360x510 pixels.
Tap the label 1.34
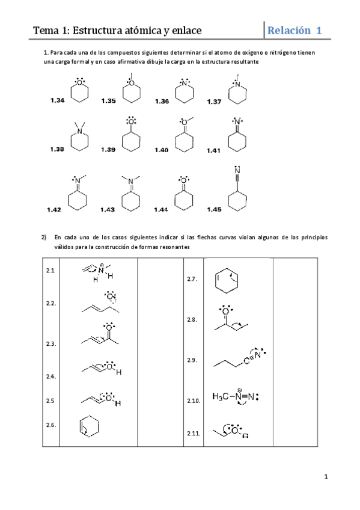(x=58, y=101)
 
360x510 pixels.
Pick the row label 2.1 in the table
(x=50, y=271)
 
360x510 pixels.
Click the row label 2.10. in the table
(x=194, y=401)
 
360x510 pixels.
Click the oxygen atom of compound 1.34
(x=79, y=84)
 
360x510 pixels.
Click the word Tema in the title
(x=45, y=31)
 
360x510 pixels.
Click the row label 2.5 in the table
(x=50, y=401)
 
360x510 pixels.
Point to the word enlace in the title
(x=183, y=31)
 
